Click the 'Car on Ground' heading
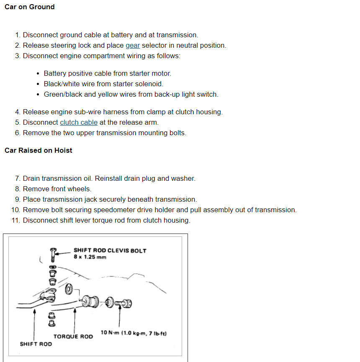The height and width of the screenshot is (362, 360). click(29, 7)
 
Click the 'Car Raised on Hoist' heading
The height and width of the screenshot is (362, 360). click(38, 150)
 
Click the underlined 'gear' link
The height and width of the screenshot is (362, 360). click(133, 45)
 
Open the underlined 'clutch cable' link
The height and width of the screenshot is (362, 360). click(79, 122)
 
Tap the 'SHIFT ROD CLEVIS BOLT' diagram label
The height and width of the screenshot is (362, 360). click(110, 250)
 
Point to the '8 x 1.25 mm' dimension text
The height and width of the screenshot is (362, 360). click(90, 257)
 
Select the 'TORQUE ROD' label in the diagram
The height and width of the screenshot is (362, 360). click(73, 336)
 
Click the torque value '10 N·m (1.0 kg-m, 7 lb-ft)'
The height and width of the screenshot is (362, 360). click(134, 333)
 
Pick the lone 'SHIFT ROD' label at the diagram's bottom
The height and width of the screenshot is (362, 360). click(36, 344)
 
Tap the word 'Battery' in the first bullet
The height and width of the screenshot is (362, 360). click(56, 73)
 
